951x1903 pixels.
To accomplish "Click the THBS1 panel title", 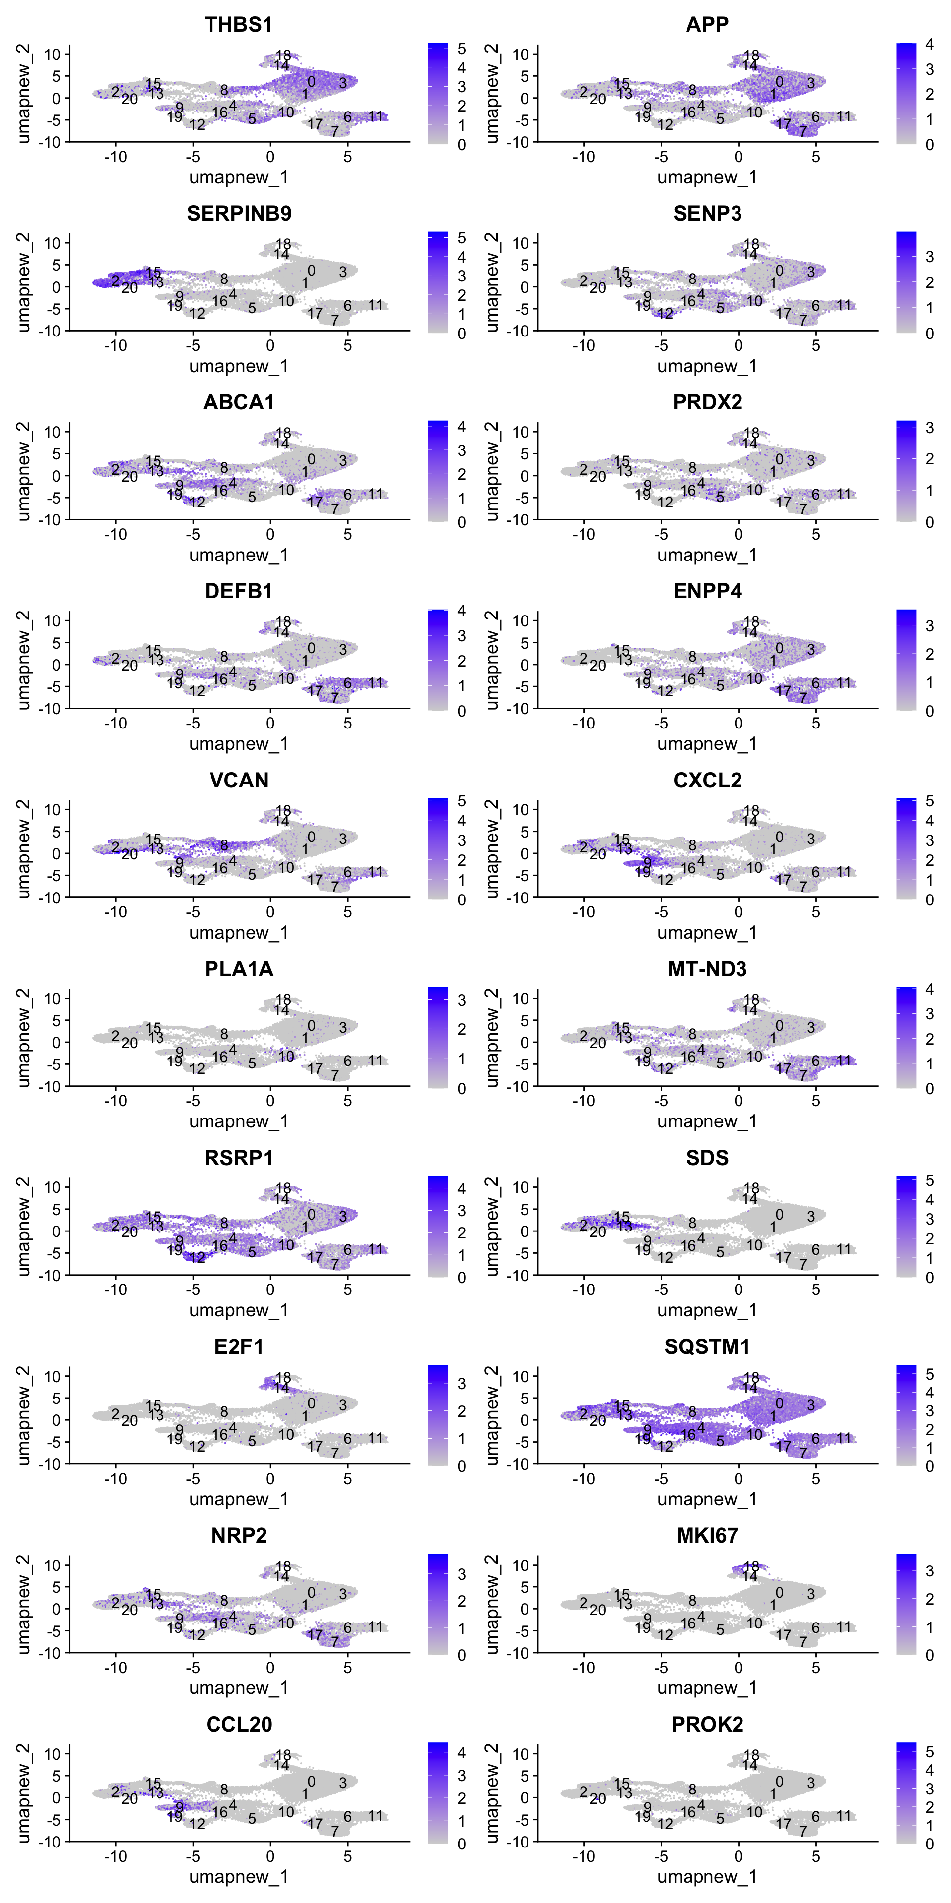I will pyautogui.click(x=238, y=24).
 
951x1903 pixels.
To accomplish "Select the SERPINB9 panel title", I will pyautogui.click(x=238, y=214).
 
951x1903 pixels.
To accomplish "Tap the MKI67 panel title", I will pyautogui.click(x=707, y=1536).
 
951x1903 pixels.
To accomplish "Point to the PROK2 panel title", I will pyautogui.click(x=707, y=1724).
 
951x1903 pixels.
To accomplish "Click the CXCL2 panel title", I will pyautogui.click(x=707, y=780).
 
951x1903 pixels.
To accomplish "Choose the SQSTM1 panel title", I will pyautogui.click(x=707, y=1347).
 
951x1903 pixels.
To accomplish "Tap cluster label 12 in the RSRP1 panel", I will pyautogui.click(x=197, y=1257).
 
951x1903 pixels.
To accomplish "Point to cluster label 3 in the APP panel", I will pyautogui.click(x=811, y=83).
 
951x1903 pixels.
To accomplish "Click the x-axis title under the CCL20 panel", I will pyautogui.click(x=238, y=1876).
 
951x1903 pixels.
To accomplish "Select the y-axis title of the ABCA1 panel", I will pyautogui.click(x=24, y=472).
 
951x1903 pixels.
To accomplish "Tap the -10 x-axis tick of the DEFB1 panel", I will pyautogui.click(x=115, y=723).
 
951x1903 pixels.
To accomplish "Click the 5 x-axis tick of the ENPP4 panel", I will pyautogui.click(x=816, y=723).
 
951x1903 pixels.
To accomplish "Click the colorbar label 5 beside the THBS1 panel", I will pyautogui.click(x=462, y=49).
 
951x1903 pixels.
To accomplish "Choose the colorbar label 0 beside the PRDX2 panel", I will pyautogui.click(x=930, y=522).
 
